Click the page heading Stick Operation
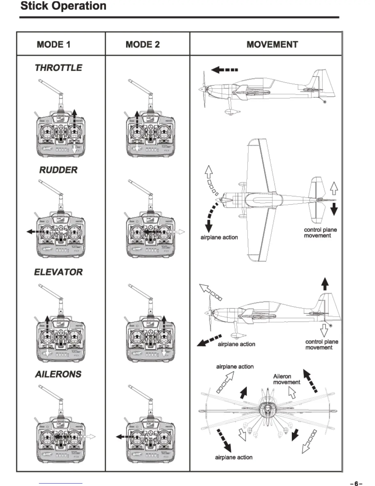[x=63, y=6]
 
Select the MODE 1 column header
[x=54, y=44]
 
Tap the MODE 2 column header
[x=142, y=44]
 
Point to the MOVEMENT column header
[x=272, y=44]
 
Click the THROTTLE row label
[x=59, y=68]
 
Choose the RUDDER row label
[x=58, y=170]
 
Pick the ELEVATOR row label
[x=58, y=272]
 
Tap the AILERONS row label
[x=58, y=374]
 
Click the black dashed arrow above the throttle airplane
[x=224, y=70]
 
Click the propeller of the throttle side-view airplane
[x=204, y=89]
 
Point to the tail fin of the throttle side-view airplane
[x=324, y=80]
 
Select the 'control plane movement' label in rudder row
[x=320, y=233]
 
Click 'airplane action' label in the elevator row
[x=237, y=344]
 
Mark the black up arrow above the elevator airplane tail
[x=325, y=283]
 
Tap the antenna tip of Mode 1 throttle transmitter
[x=40, y=81]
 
